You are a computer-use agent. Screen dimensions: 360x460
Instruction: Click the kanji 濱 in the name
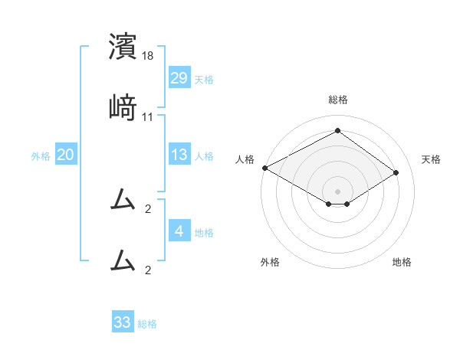123,47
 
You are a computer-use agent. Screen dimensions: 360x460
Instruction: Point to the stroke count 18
149,56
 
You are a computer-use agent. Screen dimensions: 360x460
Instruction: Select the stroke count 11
148,116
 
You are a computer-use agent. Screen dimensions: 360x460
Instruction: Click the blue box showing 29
179,78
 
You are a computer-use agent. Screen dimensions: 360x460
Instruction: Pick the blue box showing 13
179,155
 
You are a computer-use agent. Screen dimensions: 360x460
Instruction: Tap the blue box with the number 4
179,231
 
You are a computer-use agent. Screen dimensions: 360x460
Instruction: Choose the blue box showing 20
65,155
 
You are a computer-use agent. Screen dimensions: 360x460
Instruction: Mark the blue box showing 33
123,322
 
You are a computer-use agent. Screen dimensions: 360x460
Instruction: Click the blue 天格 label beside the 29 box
204,80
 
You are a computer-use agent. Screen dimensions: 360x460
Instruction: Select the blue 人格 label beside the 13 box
204,156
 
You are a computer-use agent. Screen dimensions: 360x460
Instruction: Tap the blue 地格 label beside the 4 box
204,233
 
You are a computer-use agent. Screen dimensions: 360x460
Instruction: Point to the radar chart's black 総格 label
338,100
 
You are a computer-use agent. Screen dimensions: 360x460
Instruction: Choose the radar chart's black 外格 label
270,262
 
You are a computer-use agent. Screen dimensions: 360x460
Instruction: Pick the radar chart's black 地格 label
402,262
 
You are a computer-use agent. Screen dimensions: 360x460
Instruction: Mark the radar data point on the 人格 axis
264,168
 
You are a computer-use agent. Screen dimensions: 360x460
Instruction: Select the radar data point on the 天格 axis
396,172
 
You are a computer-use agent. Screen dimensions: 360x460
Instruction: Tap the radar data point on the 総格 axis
337,131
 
